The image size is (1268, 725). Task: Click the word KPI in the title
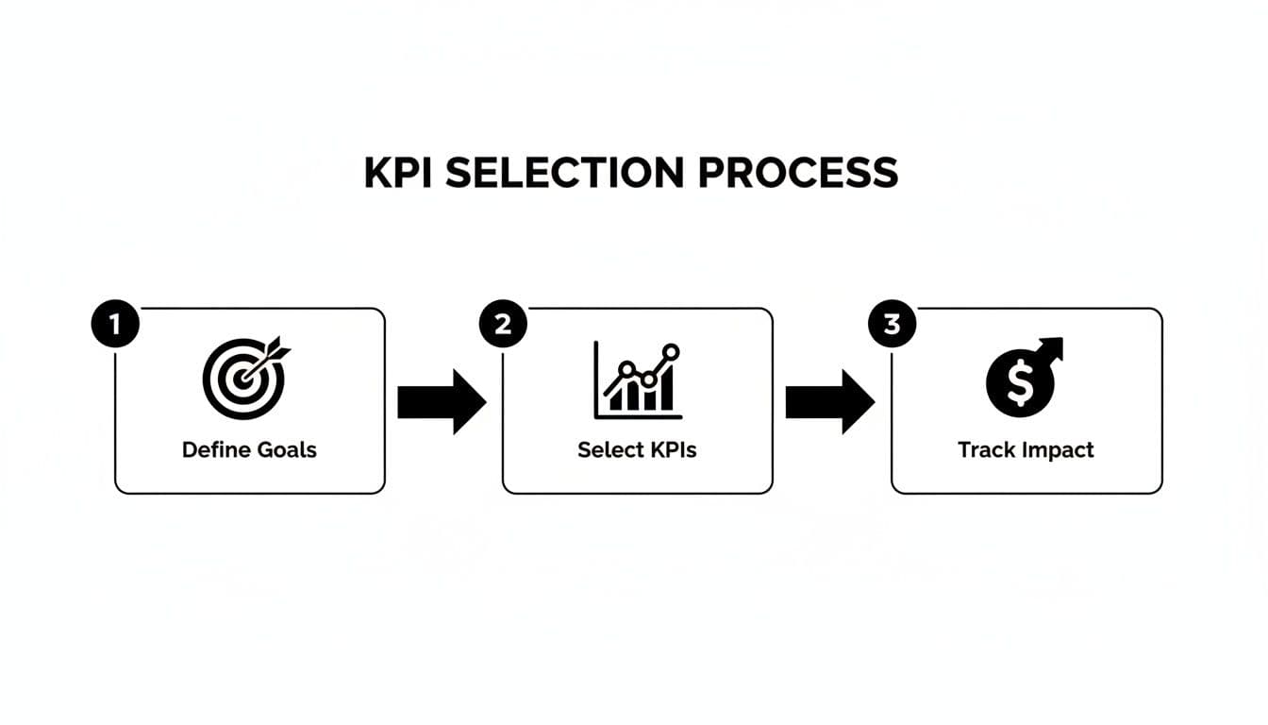[397, 173]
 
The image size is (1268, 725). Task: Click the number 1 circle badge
[115, 325]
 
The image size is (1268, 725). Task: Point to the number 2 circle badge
[503, 325]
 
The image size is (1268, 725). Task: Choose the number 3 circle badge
[892, 325]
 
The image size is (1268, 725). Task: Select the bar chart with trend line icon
[637, 379]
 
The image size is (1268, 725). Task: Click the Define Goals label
[249, 449]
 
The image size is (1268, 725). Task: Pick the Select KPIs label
[637, 449]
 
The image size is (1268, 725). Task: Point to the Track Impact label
[1026, 449]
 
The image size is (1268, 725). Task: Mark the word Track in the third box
[984, 449]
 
